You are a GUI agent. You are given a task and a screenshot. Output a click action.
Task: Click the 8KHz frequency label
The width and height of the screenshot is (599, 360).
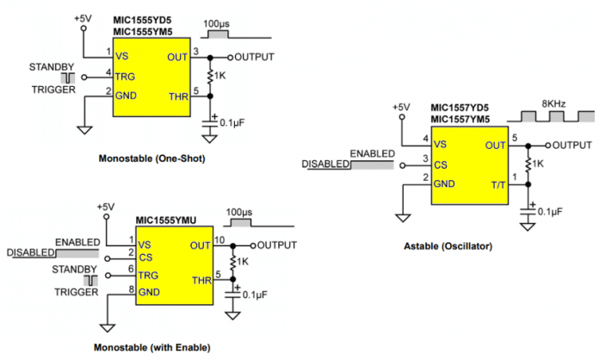click(x=553, y=104)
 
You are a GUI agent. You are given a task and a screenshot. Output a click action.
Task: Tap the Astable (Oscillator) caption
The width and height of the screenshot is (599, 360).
click(x=448, y=246)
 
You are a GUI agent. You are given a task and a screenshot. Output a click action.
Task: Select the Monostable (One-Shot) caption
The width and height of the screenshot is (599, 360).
click(x=152, y=158)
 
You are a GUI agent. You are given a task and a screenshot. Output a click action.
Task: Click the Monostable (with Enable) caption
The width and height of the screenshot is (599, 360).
click(x=152, y=347)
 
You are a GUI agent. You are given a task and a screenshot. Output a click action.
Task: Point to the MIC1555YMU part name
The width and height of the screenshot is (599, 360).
click(x=166, y=220)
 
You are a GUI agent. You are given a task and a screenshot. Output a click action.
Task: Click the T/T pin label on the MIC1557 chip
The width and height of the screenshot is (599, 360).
click(x=498, y=185)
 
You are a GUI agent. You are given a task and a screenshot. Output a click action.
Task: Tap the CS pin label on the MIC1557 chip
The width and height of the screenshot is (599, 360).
click(x=441, y=165)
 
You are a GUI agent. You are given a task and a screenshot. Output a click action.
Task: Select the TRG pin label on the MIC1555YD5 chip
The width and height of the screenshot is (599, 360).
click(x=126, y=77)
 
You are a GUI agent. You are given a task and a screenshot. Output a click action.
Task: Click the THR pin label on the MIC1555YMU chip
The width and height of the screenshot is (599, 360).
click(x=201, y=281)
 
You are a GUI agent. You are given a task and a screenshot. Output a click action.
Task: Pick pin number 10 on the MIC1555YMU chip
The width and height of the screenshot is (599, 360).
click(x=219, y=240)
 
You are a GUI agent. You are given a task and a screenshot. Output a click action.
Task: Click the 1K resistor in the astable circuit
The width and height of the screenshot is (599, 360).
click(x=528, y=164)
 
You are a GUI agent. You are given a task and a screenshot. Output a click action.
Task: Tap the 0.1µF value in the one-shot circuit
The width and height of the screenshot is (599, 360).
click(x=232, y=123)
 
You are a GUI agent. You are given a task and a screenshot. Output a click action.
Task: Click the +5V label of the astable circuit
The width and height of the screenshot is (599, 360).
click(x=402, y=108)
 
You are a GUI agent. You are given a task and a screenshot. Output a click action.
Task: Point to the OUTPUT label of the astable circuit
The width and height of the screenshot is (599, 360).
click(x=571, y=146)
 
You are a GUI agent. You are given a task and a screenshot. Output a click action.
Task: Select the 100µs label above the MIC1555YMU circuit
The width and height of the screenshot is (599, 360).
click(x=239, y=213)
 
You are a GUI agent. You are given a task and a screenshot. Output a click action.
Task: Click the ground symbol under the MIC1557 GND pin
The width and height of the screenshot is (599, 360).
click(x=403, y=218)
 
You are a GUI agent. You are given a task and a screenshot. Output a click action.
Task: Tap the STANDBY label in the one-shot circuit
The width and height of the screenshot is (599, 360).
click(x=52, y=67)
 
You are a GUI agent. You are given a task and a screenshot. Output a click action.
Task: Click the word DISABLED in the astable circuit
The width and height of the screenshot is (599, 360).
click(x=325, y=164)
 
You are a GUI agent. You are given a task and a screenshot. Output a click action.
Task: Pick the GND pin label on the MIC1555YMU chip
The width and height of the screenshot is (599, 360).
click(x=149, y=292)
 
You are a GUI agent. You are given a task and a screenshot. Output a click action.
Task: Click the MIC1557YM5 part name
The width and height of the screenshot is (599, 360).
click(x=460, y=120)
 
